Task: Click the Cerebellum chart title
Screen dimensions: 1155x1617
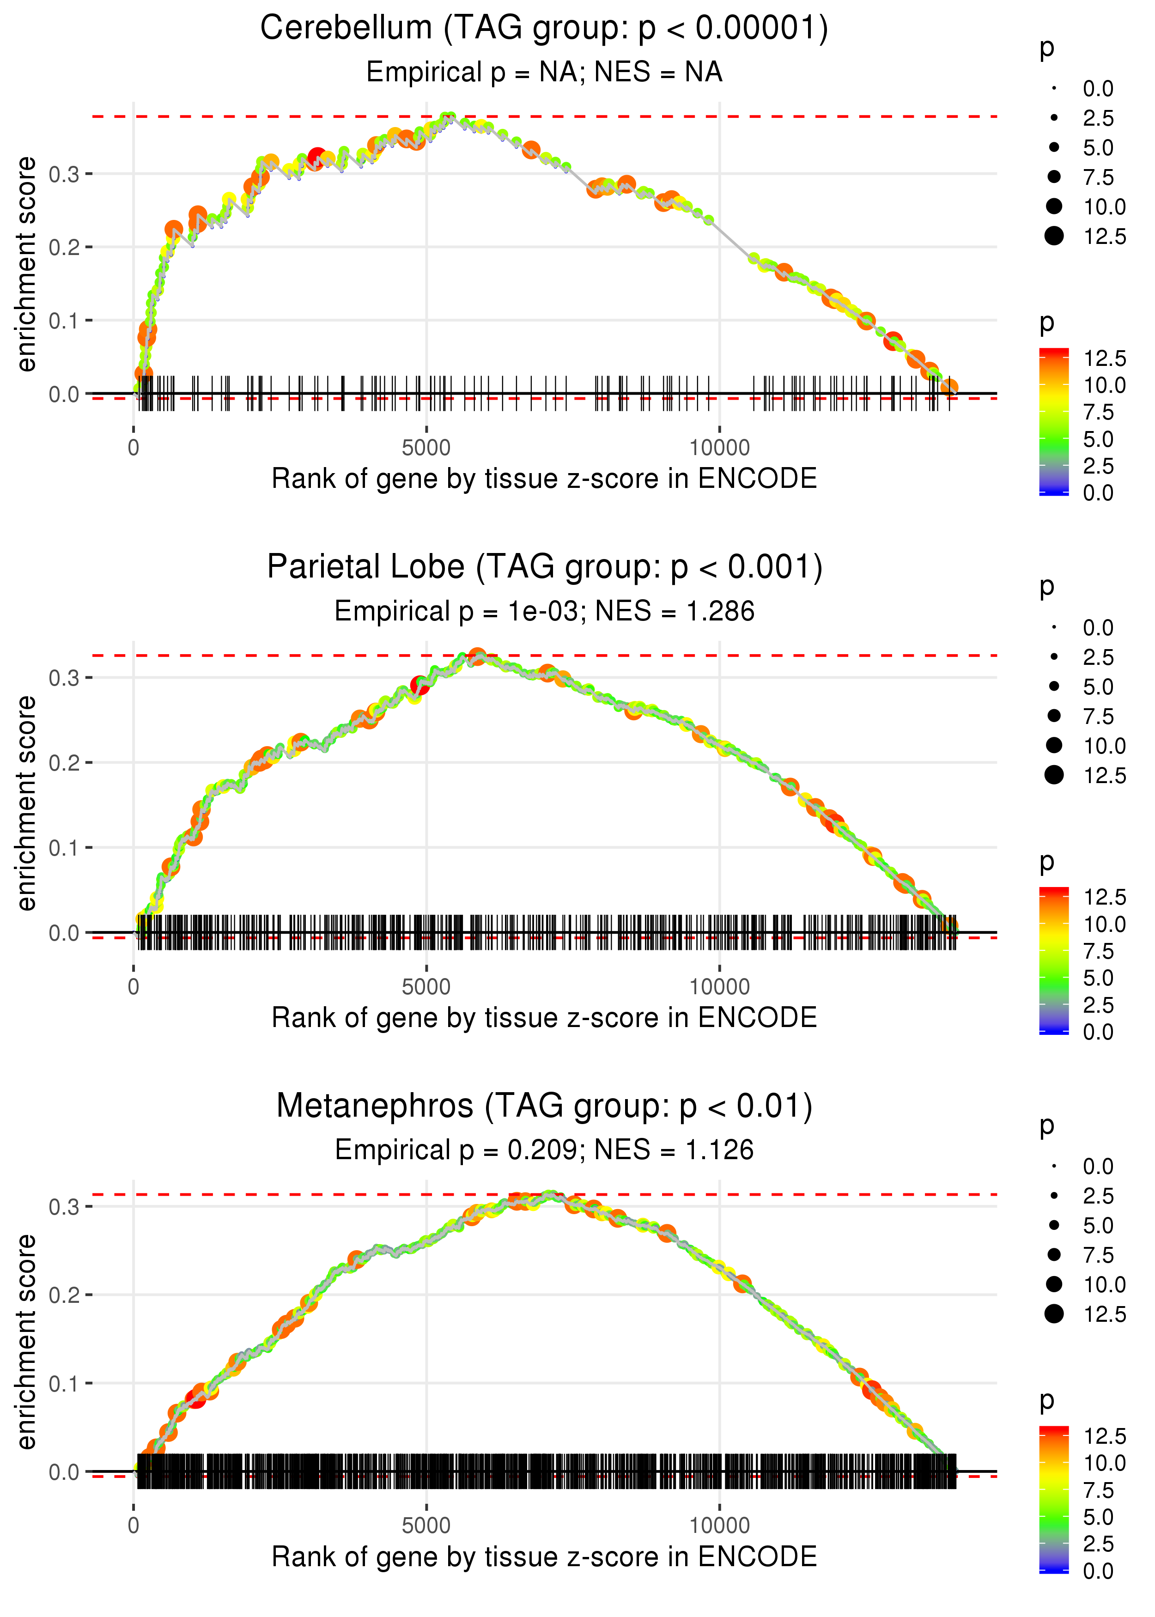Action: pos(544,29)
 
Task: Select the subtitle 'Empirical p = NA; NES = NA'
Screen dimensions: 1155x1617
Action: pos(544,72)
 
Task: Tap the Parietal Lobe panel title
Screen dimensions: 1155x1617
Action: pos(544,567)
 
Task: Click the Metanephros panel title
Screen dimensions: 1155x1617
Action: pos(544,1106)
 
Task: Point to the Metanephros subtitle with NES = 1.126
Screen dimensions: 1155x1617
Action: pos(544,1150)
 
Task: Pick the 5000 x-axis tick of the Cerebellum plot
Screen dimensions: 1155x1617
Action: pos(426,448)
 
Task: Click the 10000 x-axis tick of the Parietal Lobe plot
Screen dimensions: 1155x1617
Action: pos(719,987)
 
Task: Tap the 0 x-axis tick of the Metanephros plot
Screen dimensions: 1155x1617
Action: pos(134,1526)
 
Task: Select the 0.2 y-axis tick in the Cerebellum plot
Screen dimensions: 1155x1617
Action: pos(64,248)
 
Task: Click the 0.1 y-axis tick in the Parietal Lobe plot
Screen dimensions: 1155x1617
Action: pos(64,848)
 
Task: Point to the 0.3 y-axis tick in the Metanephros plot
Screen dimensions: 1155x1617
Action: pos(64,1207)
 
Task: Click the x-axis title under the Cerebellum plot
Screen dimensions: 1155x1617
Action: pos(544,479)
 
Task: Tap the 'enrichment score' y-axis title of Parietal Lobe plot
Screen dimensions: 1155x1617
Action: pos(26,803)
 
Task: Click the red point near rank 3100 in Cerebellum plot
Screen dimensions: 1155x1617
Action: pos(317,157)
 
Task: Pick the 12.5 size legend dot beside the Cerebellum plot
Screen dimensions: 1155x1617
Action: pos(1054,236)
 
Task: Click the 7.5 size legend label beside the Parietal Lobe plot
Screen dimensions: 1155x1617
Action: pos(1098,716)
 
